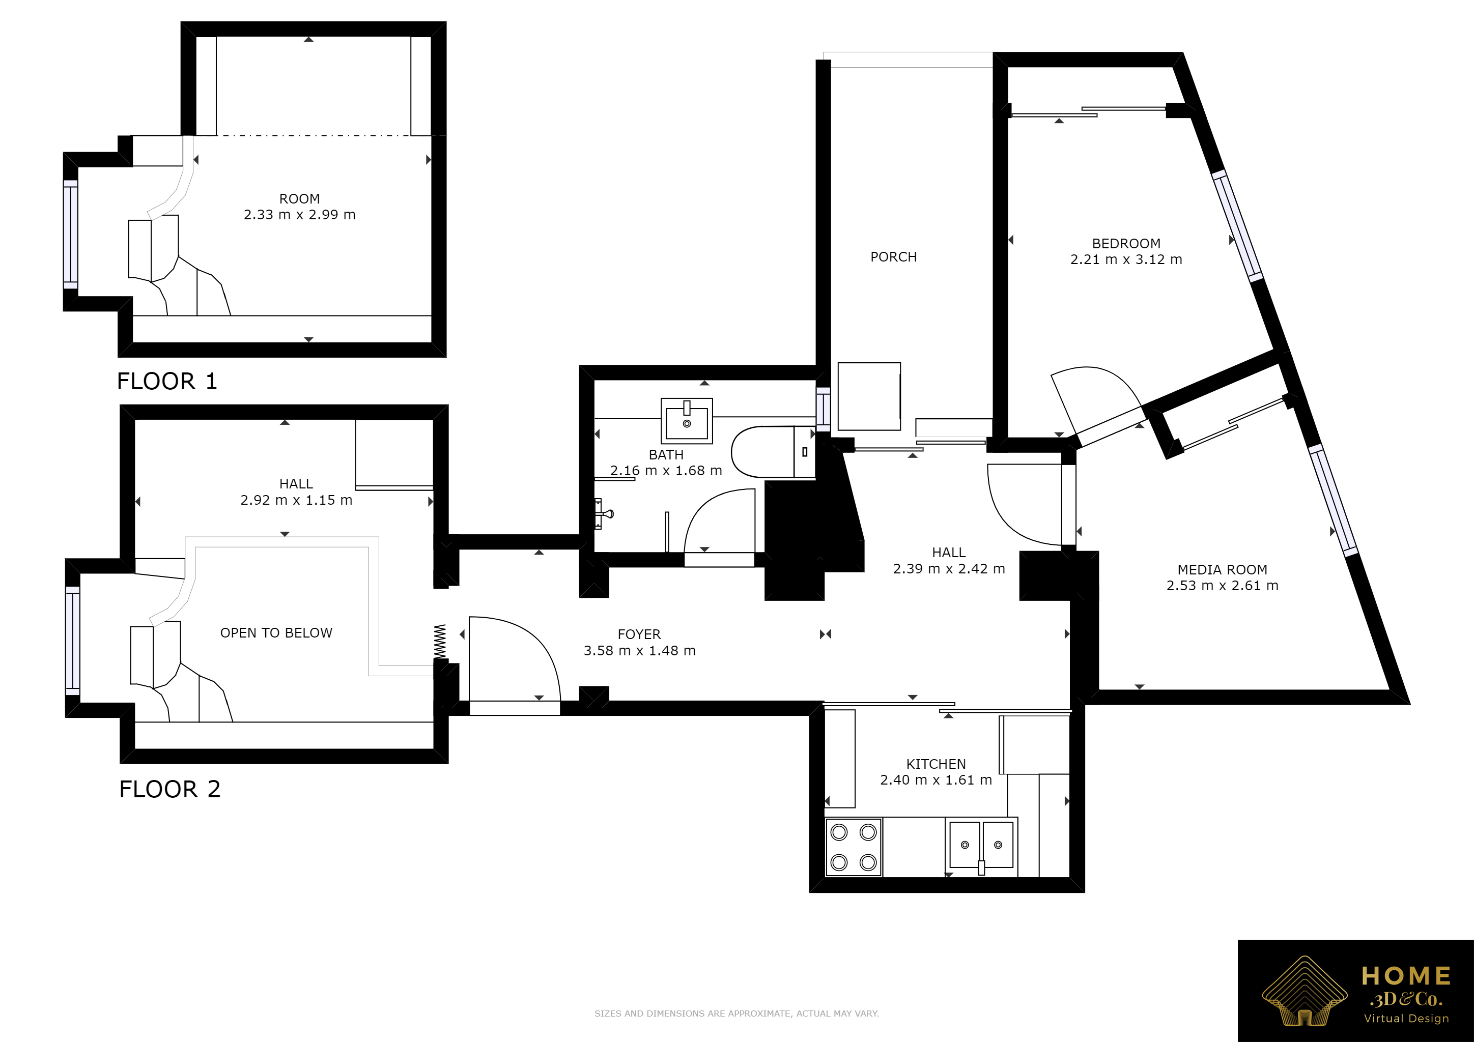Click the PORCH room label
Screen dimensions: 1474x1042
[x=893, y=256]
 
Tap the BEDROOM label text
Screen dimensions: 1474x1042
[x=1126, y=244]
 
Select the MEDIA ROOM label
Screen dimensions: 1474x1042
[x=1223, y=570]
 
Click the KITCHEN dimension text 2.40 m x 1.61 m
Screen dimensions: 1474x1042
[x=936, y=779]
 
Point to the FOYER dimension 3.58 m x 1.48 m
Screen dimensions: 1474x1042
[x=639, y=651]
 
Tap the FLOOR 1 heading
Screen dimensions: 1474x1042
[x=167, y=381]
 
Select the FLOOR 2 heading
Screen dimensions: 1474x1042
[x=169, y=789]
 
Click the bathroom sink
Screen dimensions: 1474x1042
[x=686, y=421]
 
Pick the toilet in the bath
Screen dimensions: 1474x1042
[x=773, y=452]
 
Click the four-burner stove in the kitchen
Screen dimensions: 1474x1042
[x=853, y=847]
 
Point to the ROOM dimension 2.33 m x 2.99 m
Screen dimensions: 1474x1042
[x=299, y=214]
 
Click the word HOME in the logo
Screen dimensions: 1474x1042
[x=1406, y=976]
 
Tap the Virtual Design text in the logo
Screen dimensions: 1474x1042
[x=1406, y=1018]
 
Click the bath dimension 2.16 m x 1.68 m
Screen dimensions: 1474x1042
[x=666, y=470]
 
